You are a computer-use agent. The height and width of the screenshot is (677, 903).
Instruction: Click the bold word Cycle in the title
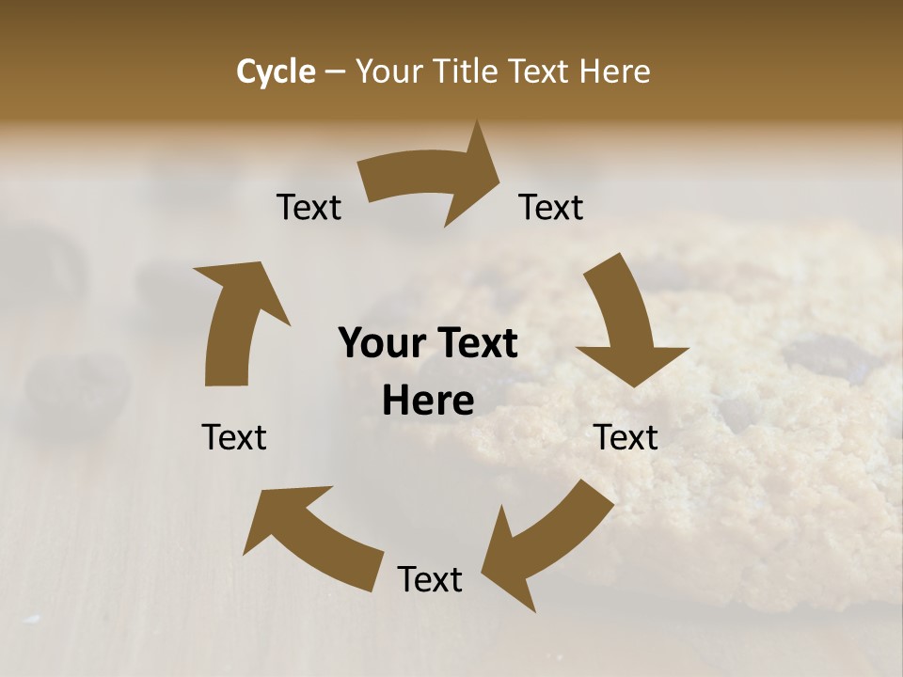276,71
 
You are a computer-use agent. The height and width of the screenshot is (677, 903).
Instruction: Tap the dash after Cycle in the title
335,71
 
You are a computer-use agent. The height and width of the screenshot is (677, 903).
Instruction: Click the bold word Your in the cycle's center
380,343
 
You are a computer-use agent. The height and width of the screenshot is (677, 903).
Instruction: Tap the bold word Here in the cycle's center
428,401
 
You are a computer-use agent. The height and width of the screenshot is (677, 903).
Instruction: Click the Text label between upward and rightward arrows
309,207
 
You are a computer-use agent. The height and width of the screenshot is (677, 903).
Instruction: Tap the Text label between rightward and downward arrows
551,207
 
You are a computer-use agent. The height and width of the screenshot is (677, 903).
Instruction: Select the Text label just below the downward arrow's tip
626,437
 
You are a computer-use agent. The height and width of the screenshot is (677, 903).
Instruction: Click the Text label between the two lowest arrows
430,579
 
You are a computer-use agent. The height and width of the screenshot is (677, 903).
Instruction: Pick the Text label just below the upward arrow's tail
234,437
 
